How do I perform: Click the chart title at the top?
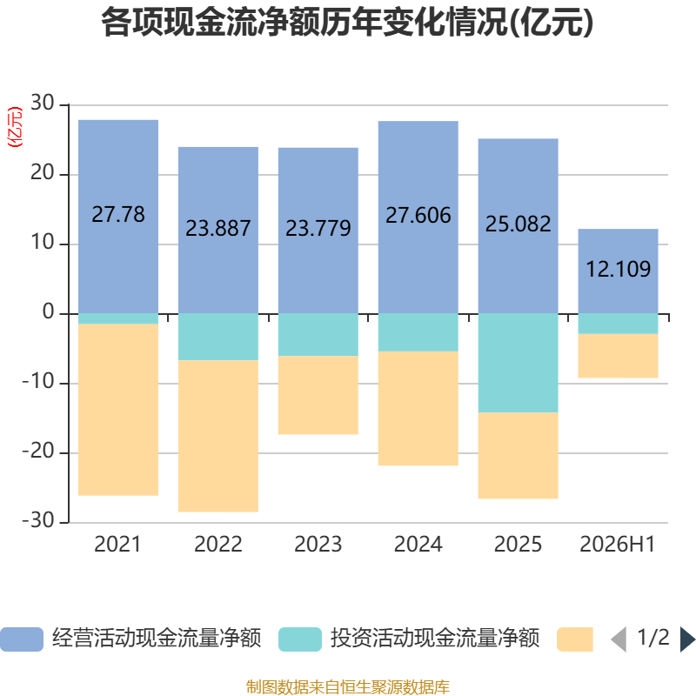pyautogui.click(x=347, y=23)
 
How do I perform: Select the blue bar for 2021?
pyautogui.click(x=118, y=217)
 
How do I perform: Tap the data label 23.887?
pyautogui.click(x=218, y=228)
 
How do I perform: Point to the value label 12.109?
pyautogui.click(x=619, y=269)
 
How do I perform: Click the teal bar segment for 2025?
pyautogui.click(x=518, y=363)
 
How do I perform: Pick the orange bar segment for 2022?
pyautogui.click(x=218, y=436)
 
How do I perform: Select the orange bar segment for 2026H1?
pyautogui.click(x=618, y=356)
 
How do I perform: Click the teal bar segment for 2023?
pyautogui.click(x=318, y=335)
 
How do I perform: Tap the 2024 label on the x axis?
pyautogui.click(x=418, y=545)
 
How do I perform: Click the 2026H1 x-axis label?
pyautogui.click(x=618, y=545)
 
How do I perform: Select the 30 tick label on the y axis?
pyautogui.click(x=42, y=103)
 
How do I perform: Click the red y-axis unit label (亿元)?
pyautogui.click(x=15, y=127)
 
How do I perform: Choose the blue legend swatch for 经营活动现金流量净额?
pyautogui.click(x=22, y=639)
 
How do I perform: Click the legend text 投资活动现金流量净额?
pyautogui.click(x=435, y=639)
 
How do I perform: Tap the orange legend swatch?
pyautogui.click(x=575, y=639)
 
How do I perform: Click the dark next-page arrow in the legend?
pyautogui.click(x=687, y=639)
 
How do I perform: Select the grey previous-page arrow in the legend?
pyautogui.click(x=619, y=639)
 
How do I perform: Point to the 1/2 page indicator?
pyautogui.click(x=653, y=638)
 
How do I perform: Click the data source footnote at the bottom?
pyautogui.click(x=348, y=687)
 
